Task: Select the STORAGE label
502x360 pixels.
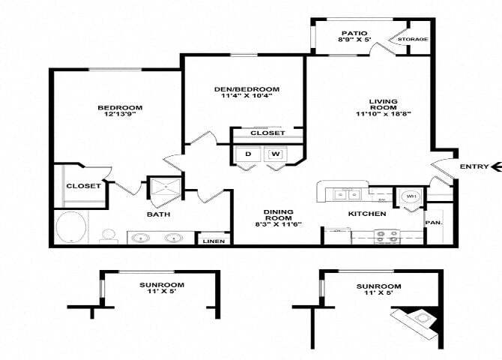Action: click(x=413, y=39)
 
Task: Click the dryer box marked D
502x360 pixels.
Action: click(x=249, y=154)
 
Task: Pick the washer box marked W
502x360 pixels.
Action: click(x=275, y=154)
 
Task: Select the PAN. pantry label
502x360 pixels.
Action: click(x=432, y=223)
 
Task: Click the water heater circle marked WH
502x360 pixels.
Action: click(x=410, y=196)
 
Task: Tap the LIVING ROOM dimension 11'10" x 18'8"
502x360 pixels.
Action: click(x=383, y=114)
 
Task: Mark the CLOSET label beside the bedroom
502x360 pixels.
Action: click(x=83, y=186)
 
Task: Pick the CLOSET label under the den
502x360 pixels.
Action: click(x=267, y=133)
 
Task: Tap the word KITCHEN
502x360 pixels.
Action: click(x=367, y=214)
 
